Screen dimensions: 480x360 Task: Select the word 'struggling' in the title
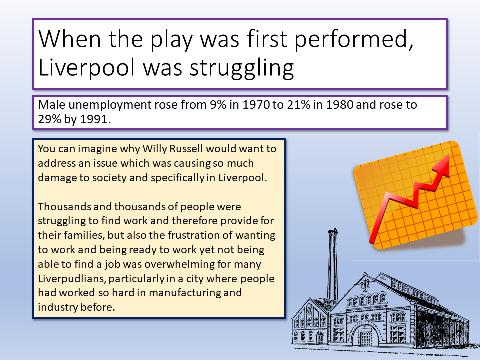(242, 68)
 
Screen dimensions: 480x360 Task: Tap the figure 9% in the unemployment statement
(218, 105)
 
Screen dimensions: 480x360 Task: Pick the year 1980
(339, 105)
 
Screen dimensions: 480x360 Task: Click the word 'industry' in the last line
(58, 307)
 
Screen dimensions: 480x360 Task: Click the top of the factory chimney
(333, 230)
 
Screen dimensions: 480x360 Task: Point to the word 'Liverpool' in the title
(86, 68)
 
